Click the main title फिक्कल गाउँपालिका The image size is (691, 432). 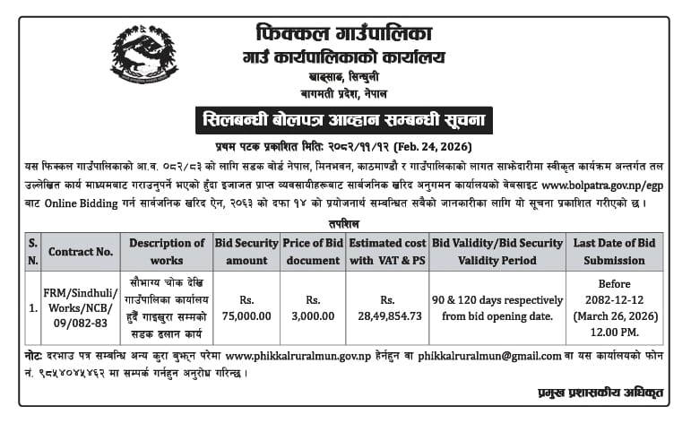tap(344, 35)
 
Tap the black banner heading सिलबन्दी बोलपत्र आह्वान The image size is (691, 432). tap(344, 120)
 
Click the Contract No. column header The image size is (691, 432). tap(81, 252)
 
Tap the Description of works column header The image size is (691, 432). tap(167, 252)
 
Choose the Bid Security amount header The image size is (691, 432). tap(246, 252)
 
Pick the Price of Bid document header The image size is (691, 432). tap(313, 252)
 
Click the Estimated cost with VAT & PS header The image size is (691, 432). tap(387, 252)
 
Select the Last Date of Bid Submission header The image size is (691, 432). tap(615, 252)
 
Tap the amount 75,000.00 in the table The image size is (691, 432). tap(246, 315)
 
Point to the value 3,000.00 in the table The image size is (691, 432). tap(313, 315)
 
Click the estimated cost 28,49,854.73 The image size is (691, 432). tap(387, 315)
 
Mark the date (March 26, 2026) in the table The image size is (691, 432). tap(615, 315)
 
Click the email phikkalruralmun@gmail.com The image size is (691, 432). tap(485, 354)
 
